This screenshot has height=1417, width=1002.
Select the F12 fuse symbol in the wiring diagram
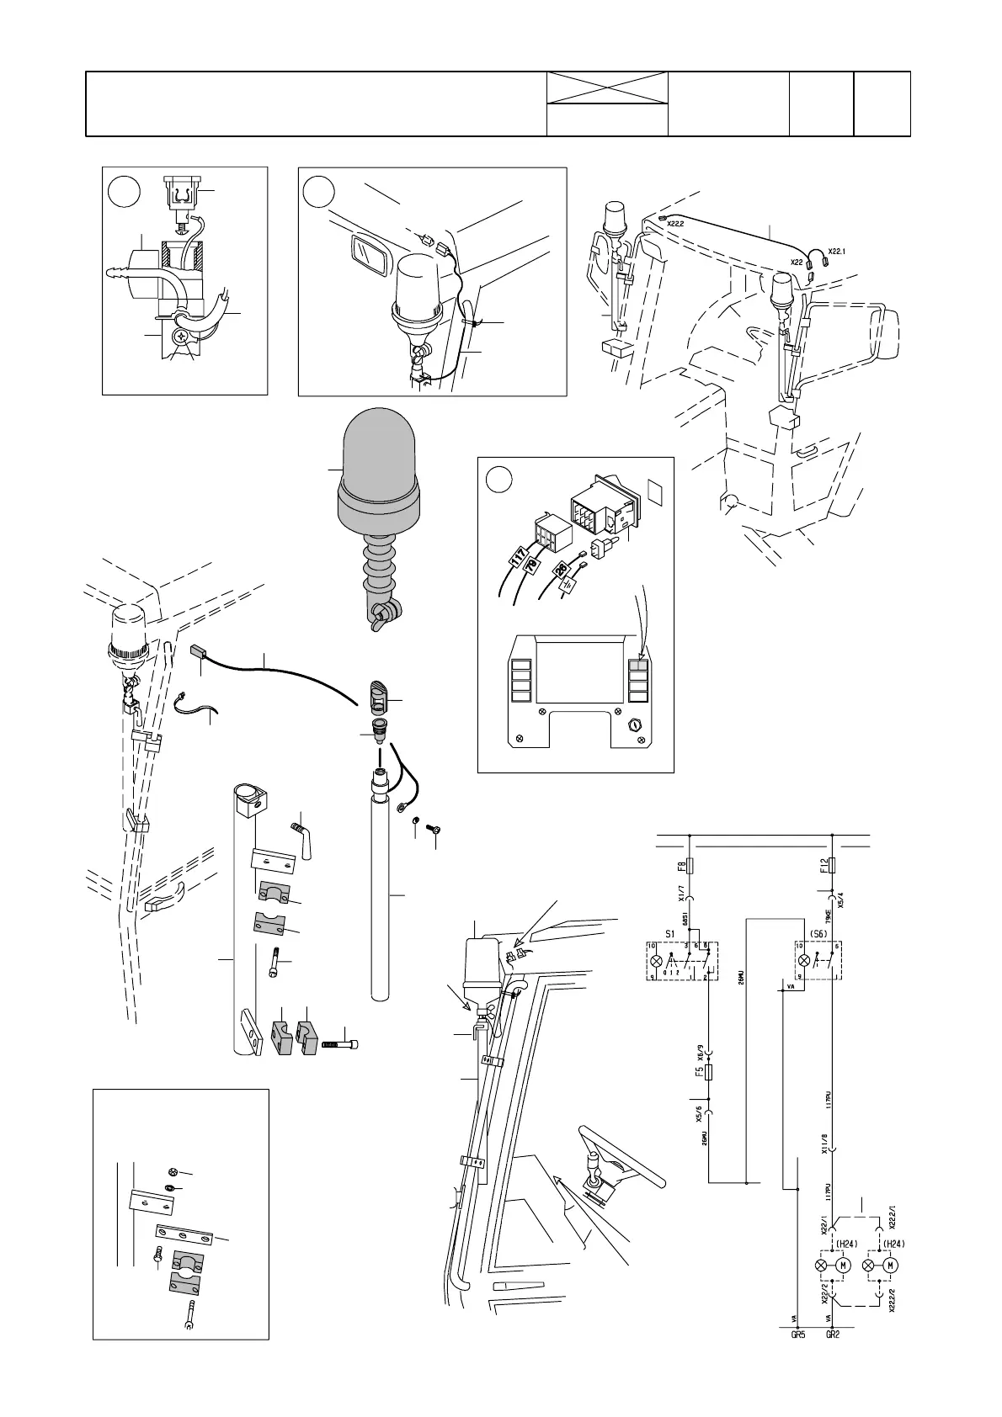(x=831, y=865)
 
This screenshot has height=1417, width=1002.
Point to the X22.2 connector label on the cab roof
(x=674, y=224)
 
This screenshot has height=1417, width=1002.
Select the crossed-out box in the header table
(x=607, y=88)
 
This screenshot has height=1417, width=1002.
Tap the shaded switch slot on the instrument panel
(x=640, y=664)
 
